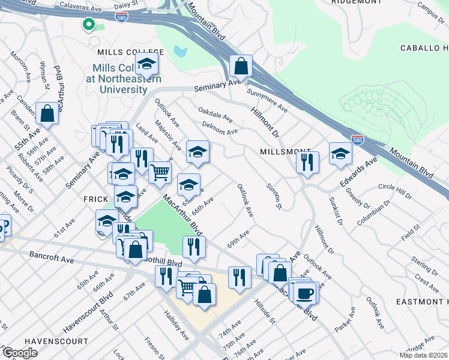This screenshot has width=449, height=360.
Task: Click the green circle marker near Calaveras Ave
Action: click(88, 25)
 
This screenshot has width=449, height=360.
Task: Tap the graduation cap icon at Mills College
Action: click(146, 63)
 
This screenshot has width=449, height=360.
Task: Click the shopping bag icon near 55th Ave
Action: click(47, 112)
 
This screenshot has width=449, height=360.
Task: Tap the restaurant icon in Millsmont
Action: click(307, 161)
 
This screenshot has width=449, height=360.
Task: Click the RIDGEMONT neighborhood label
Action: click(356, 2)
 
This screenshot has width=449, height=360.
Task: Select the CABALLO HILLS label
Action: click(424, 47)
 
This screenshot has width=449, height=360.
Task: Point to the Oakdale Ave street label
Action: click(215, 113)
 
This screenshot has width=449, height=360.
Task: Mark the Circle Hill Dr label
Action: click(396, 191)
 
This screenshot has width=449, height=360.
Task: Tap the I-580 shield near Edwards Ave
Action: click(357, 140)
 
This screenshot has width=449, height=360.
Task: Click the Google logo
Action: click(20, 353)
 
